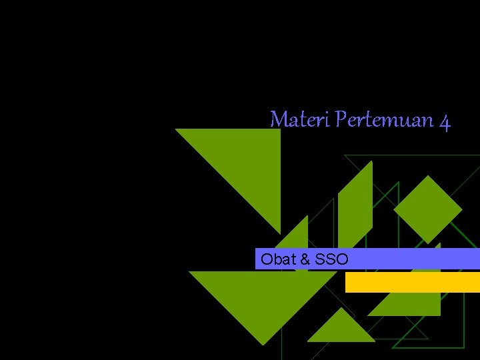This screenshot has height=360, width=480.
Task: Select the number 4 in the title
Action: (445, 121)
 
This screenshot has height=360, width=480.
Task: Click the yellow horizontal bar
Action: (412, 283)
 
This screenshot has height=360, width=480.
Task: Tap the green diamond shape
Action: (427, 209)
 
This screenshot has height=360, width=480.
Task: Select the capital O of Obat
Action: (267, 259)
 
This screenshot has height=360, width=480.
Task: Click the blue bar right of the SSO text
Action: (413, 259)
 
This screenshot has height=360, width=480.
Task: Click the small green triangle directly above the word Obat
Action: (297, 237)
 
